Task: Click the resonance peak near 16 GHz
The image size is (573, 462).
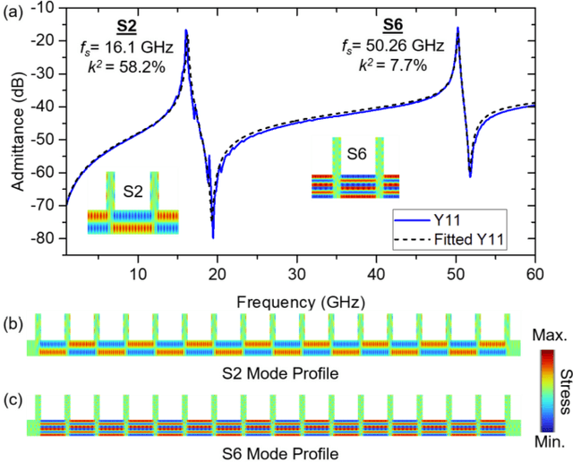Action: click(186, 30)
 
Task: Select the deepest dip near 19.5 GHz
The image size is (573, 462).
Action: click(212, 236)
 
